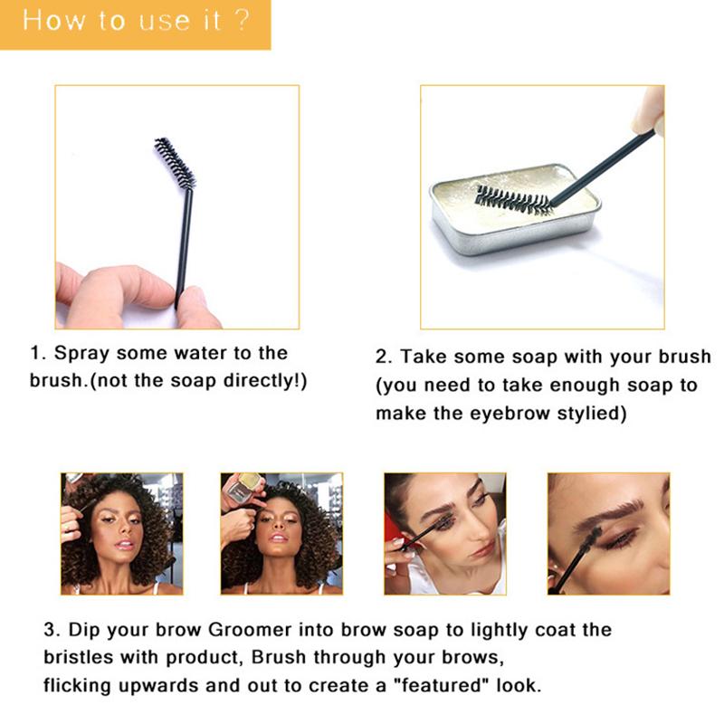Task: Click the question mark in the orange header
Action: click(242, 20)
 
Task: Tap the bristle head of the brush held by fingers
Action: click(175, 163)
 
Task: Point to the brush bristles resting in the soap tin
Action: click(513, 200)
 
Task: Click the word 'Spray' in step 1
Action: click(82, 353)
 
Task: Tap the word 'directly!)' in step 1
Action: click(265, 381)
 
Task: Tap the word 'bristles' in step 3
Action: click(78, 657)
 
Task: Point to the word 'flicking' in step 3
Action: click(78, 686)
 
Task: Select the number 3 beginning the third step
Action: click(50, 630)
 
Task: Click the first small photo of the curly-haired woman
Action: click(122, 534)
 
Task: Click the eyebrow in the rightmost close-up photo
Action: click(616, 508)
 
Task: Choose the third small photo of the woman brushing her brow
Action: click(445, 534)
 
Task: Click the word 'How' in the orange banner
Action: click(54, 21)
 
